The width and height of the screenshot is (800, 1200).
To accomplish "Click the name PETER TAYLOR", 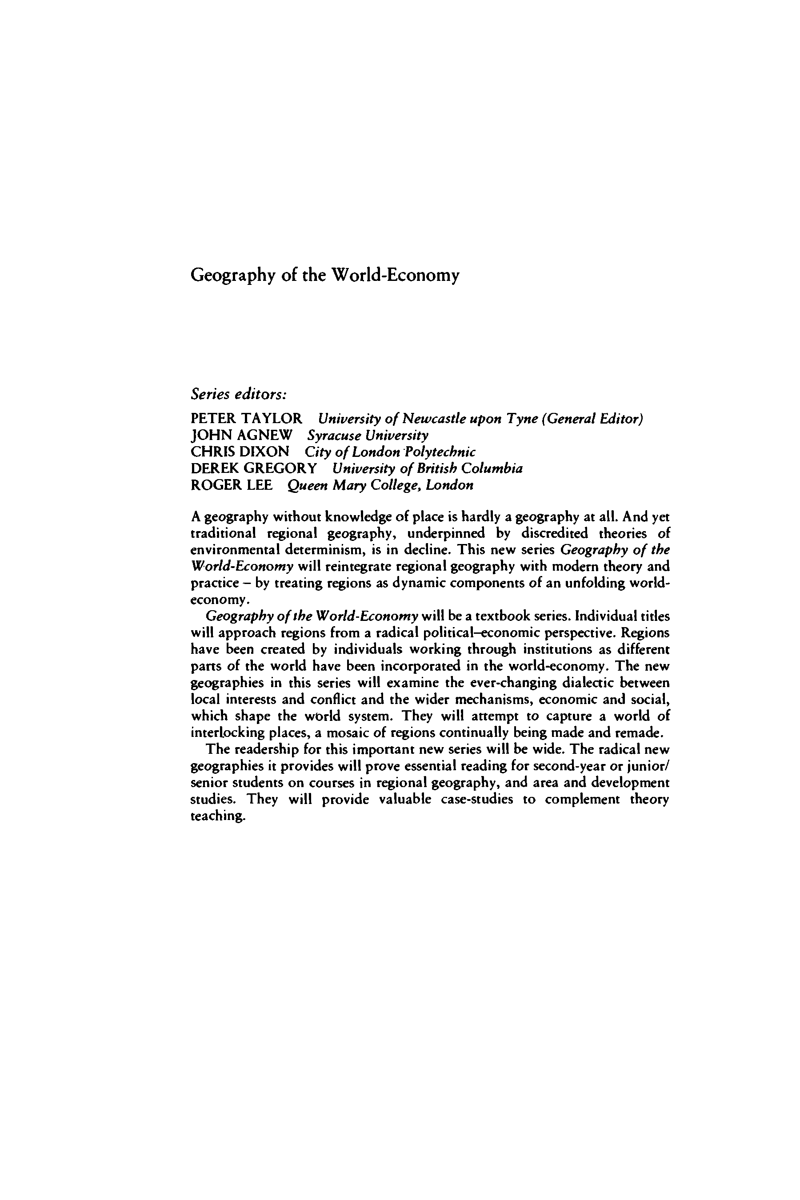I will tap(246, 419).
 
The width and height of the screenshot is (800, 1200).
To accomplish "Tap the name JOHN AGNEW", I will tap(241, 435).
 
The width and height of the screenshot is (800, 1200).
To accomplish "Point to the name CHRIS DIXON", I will tap(240, 452).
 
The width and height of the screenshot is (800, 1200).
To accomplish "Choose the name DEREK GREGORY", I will tap(254, 468).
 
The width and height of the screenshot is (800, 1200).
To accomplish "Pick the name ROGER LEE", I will tap(231, 485).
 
